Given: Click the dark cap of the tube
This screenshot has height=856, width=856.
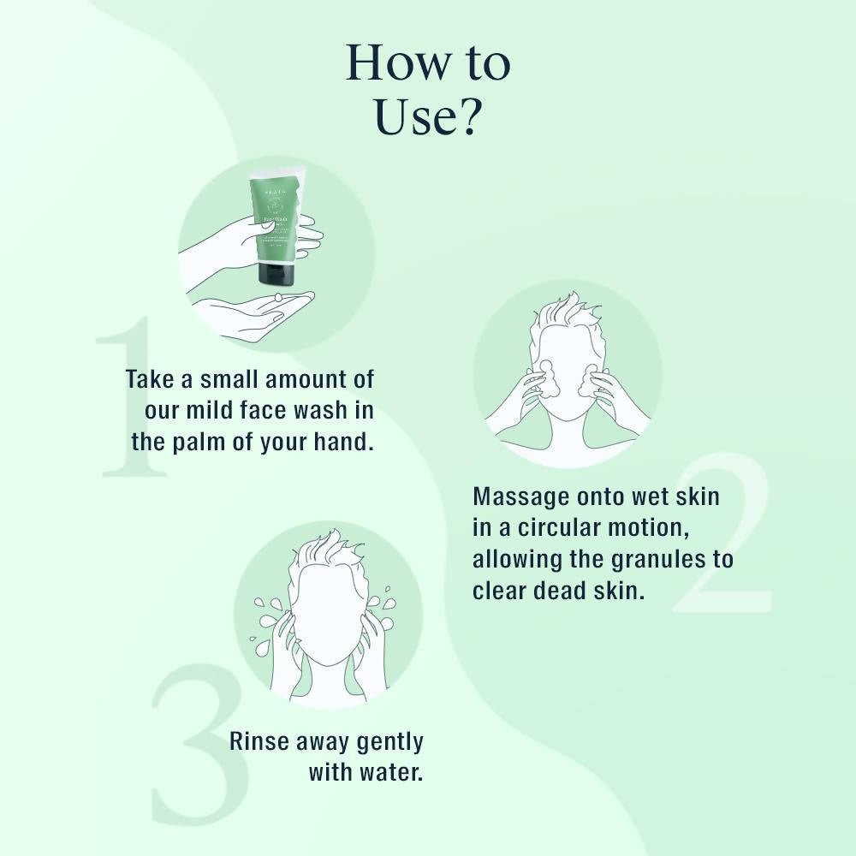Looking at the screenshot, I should pyautogui.click(x=276, y=275).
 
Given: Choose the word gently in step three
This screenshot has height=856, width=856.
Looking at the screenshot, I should pyautogui.click(x=389, y=741).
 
